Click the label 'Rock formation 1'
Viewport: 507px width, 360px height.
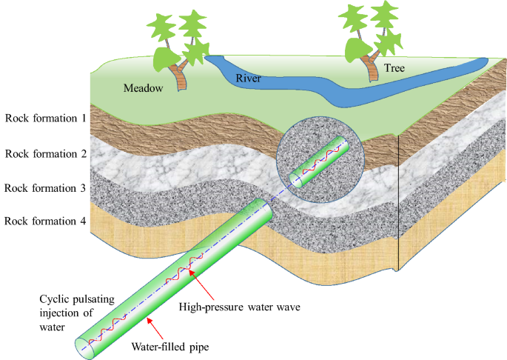[46, 117]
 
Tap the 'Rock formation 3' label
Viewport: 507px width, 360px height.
[46, 187]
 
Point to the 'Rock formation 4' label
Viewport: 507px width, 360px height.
[46, 221]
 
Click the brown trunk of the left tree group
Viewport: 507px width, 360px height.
[178, 74]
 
